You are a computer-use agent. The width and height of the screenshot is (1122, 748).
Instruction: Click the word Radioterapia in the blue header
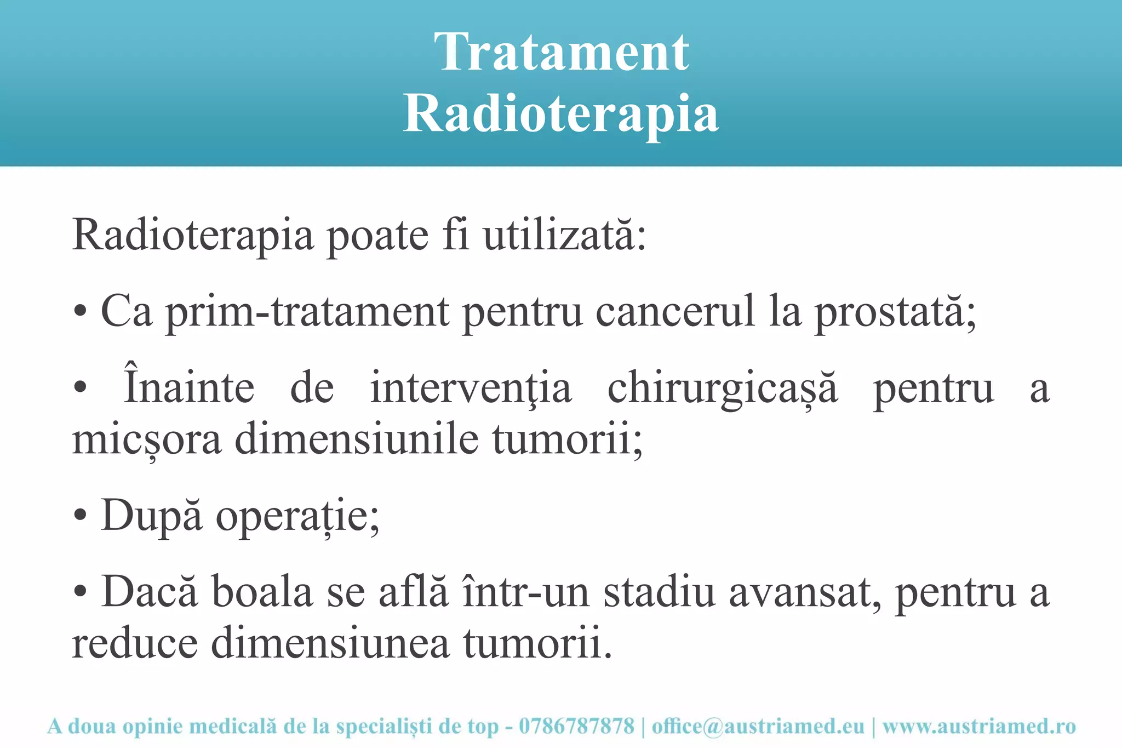[561, 114]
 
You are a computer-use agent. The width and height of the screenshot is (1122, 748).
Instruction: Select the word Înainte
[190, 387]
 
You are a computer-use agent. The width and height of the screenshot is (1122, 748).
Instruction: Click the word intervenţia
[471, 388]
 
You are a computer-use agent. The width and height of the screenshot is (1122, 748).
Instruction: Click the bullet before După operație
[80, 516]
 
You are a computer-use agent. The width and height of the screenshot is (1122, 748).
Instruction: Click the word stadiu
[659, 593]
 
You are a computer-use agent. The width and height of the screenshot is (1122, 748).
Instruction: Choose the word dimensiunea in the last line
[330, 643]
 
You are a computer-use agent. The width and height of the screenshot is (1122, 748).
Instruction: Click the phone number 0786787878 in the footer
[576, 727]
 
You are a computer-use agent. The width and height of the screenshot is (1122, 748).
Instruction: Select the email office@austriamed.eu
[758, 727]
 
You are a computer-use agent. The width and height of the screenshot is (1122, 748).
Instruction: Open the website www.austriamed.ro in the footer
[979, 727]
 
